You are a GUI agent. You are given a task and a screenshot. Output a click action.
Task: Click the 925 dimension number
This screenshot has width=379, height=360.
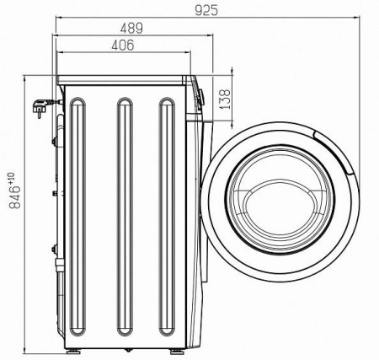(x=206, y=10)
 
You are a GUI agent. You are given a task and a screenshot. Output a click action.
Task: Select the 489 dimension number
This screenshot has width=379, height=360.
(x=131, y=29)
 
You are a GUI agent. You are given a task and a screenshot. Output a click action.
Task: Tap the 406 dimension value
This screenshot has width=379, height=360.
(x=123, y=46)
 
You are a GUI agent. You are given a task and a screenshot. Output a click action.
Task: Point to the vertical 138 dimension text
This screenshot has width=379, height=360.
(x=225, y=99)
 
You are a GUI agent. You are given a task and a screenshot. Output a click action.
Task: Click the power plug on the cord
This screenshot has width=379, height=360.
(x=40, y=108)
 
